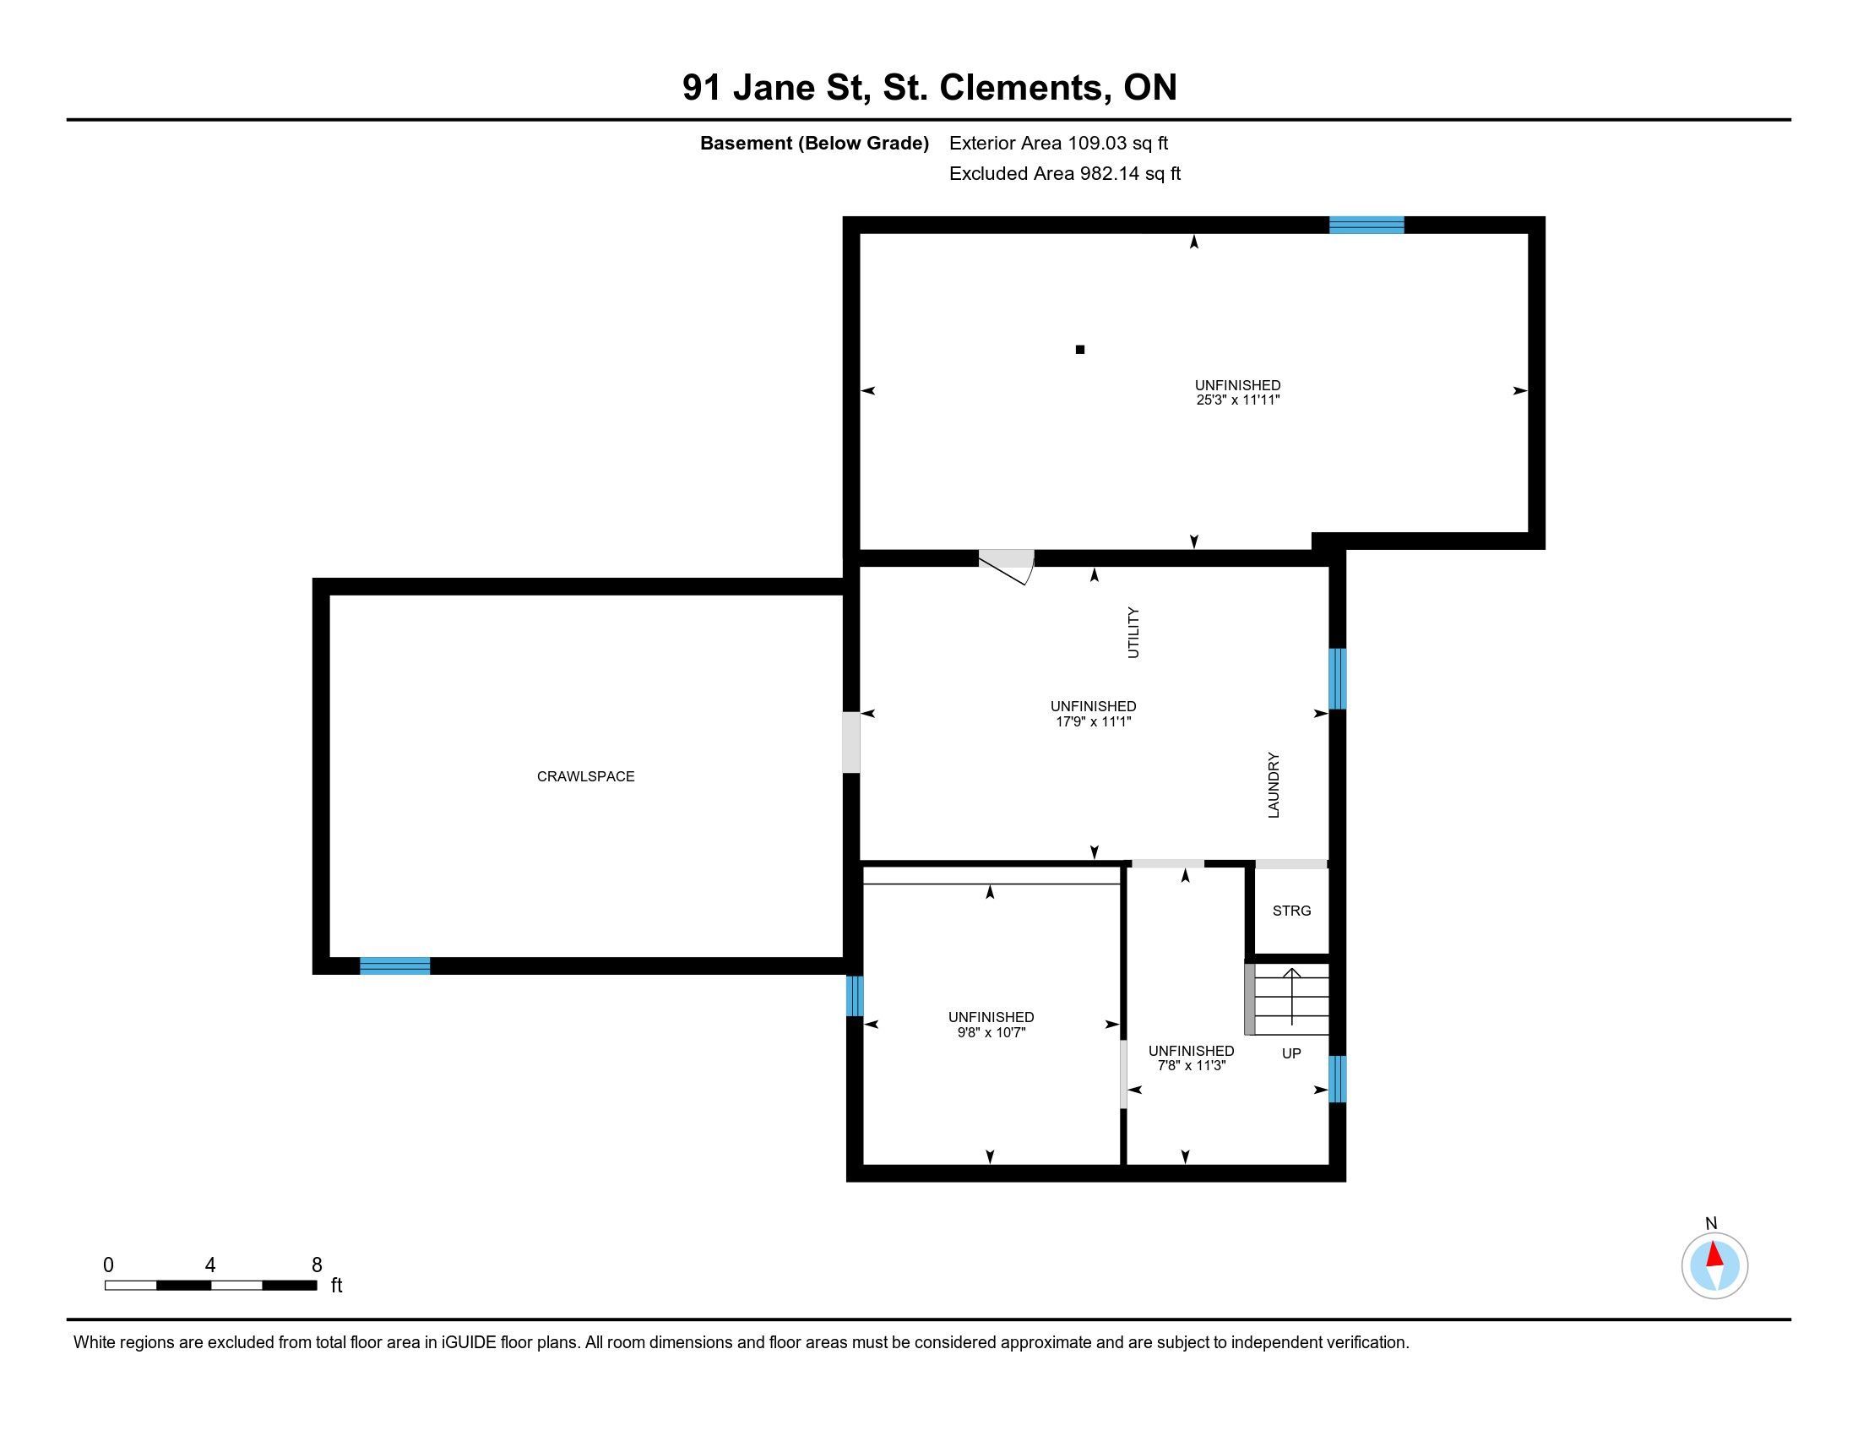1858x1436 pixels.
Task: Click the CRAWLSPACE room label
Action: coord(585,775)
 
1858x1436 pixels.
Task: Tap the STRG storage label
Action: coord(1291,911)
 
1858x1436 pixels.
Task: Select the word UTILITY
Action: coord(1133,632)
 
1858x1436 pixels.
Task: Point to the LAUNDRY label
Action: coord(1274,785)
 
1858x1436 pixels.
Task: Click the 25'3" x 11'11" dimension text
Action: coord(1238,400)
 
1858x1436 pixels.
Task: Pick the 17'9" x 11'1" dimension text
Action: coord(1093,721)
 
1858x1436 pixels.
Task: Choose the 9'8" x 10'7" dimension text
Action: coord(991,1032)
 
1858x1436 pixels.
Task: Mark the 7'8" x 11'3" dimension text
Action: coord(1191,1065)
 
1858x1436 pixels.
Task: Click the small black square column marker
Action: coord(1080,349)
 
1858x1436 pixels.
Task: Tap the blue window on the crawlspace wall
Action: coord(394,965)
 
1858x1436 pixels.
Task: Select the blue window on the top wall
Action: coord(1366,225)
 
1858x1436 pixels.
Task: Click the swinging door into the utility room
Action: coord(1006,566)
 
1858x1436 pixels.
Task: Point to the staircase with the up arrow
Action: coord(1287,998)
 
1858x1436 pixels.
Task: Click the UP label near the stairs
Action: coord(1291,1053)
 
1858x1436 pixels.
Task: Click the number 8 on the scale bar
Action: coord(317,1265)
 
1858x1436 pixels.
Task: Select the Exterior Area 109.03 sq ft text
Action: coord(1059,143)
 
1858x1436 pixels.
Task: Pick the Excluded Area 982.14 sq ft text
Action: coord(1065,173)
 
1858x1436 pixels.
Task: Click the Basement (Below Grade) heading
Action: coord(814,143)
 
